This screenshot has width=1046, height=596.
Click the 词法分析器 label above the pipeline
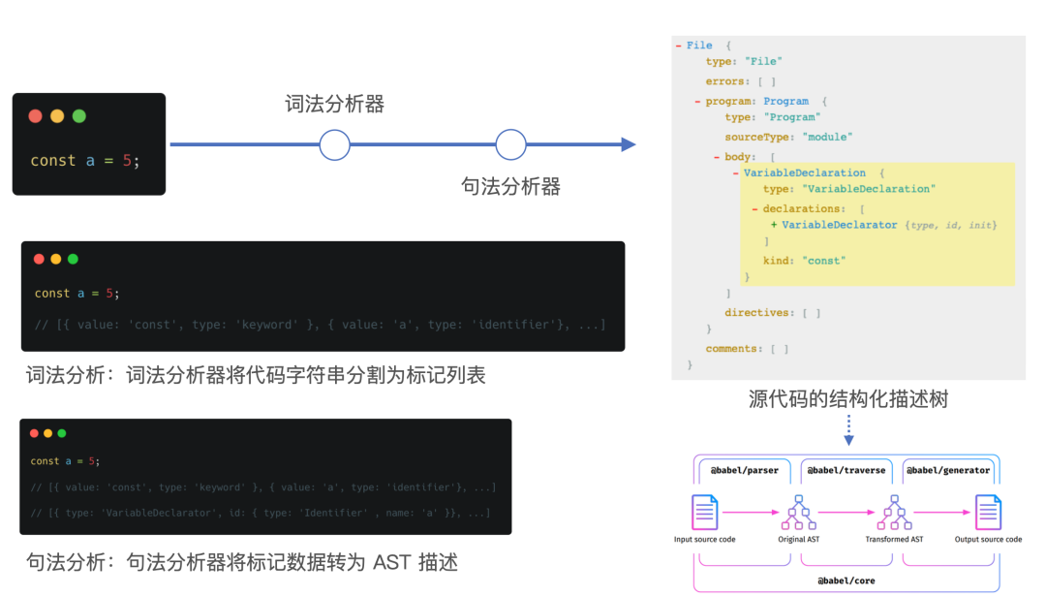click(x=334, y=105)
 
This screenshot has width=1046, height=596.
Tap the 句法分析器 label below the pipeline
click(x=510, y=186)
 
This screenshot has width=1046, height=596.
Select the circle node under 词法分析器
click(x=334, y=145)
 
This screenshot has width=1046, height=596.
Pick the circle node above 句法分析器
click(x=510, y=145)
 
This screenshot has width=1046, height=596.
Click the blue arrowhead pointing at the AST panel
click(x=629, y=145)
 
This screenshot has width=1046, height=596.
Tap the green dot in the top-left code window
click(x=79, y=116)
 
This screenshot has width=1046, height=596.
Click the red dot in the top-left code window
click(x=36, y=116)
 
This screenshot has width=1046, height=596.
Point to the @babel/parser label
click(x=744, y=470)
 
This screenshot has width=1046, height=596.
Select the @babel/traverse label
click(x=846, y=470)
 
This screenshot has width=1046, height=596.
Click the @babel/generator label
click(x=948, y=470)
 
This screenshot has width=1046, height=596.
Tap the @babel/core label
click(x=847, y=580)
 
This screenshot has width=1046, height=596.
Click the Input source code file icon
click(x=704, y=511)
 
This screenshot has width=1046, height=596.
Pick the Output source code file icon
click(x=988, y=511)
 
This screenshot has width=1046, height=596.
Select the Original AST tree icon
click(x=799, y=511)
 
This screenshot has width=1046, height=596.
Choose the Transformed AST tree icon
click(x=894, y=511)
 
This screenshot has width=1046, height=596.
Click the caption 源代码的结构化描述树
click(x=847, y=398)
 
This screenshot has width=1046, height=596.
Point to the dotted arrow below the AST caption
click(x=848, y=430)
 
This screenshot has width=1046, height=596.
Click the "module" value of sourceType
click(x=827, y=137)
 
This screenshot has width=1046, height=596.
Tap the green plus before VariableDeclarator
click(x=774, y=225)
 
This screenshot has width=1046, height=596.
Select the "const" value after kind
click(x=823, y=261)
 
